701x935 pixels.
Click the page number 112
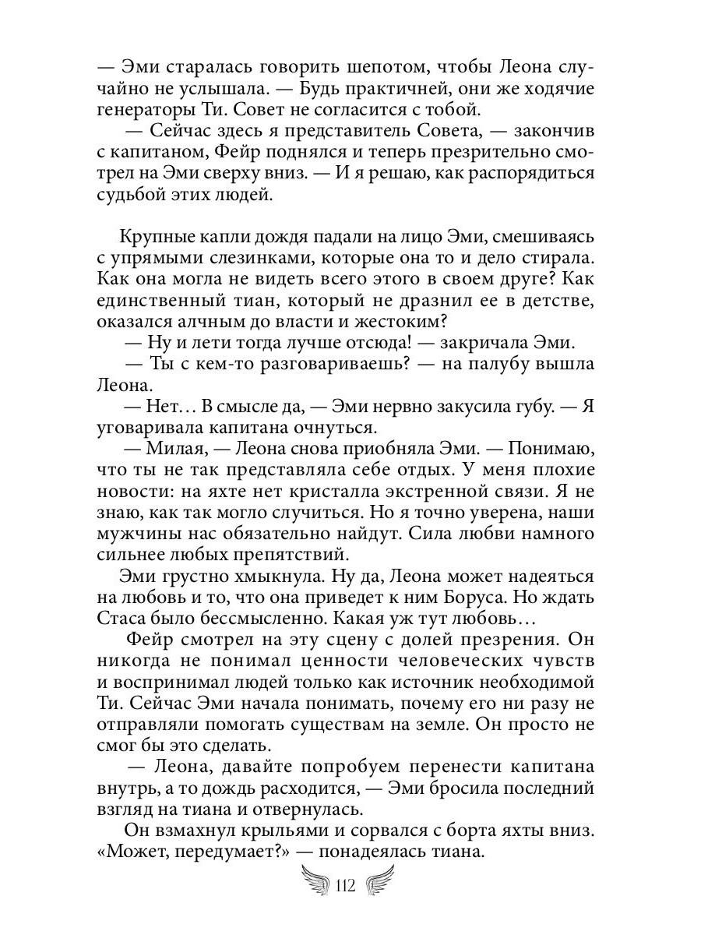point(344,887)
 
